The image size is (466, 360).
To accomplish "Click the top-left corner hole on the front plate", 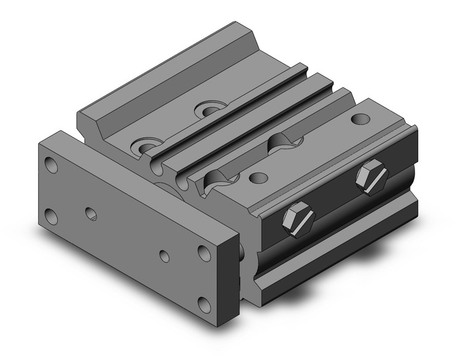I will (52, 165).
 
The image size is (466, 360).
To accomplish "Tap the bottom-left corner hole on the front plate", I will (52, 216).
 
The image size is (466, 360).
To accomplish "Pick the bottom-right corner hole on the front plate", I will (203, 303).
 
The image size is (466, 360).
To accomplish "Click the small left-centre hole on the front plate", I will (91, 213).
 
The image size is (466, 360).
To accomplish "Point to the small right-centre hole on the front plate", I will (164, 256).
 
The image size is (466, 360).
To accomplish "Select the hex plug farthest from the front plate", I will (372, 178).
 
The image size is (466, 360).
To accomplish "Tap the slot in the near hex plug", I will (299, 220).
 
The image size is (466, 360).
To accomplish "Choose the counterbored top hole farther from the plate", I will (210, 111).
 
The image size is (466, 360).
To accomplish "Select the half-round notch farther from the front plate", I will (285, 140).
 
